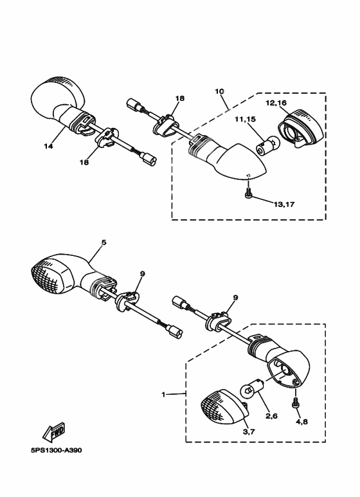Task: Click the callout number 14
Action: click(x=48, y=146)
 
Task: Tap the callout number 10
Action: click(x=219, y=91)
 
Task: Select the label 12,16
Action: click(x=276, y=103)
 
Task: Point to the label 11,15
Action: click(x=246, y=120)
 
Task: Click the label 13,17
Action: click(x=284, y=204)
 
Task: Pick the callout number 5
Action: click(x=104, y=242)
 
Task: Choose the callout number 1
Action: click(x=163, y=395)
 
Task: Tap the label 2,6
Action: click(x=271, y=416)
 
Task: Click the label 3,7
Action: click(x=249, y=431)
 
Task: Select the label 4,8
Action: click(x=301, y=422)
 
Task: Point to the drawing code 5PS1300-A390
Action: click(x=56, y=450)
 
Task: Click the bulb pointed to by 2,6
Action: click(x=251, y=388)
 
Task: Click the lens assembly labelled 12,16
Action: click(x=300, y=129)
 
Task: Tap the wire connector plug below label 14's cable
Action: click(x=148, y=158)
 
